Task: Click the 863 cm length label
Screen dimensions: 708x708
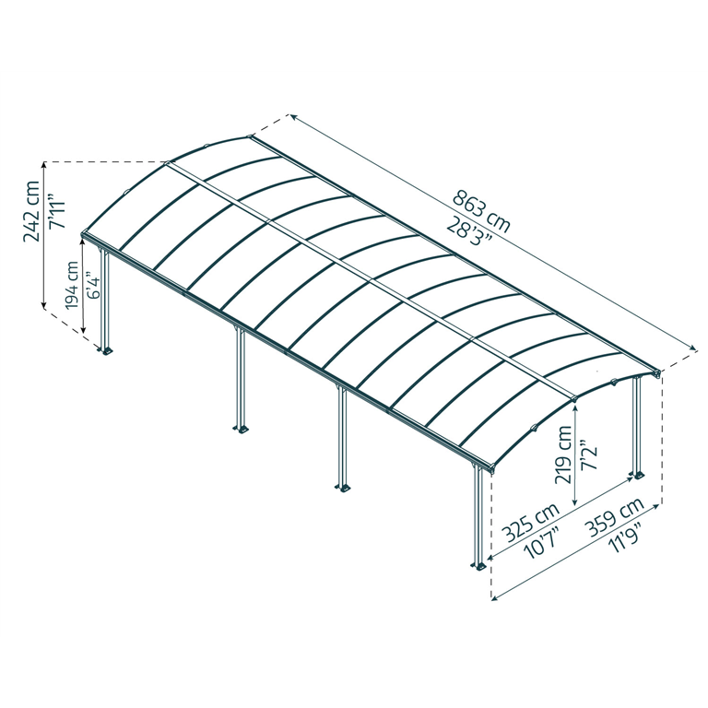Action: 481,211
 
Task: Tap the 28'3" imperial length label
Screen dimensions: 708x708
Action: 470,230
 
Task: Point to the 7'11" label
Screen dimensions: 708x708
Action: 57,212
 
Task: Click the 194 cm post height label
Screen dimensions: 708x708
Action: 72,286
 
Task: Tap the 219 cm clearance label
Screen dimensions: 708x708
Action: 562,454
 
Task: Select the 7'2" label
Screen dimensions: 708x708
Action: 589,454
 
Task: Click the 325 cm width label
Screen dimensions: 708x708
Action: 532,523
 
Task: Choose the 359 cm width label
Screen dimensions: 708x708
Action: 614,514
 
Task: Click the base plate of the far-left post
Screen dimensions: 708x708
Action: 106,350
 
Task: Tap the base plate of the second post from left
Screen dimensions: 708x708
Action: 241,428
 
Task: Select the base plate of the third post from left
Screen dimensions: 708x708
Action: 343,488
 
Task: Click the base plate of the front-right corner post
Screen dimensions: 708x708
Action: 479,565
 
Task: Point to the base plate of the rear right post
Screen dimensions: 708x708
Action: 638,475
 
